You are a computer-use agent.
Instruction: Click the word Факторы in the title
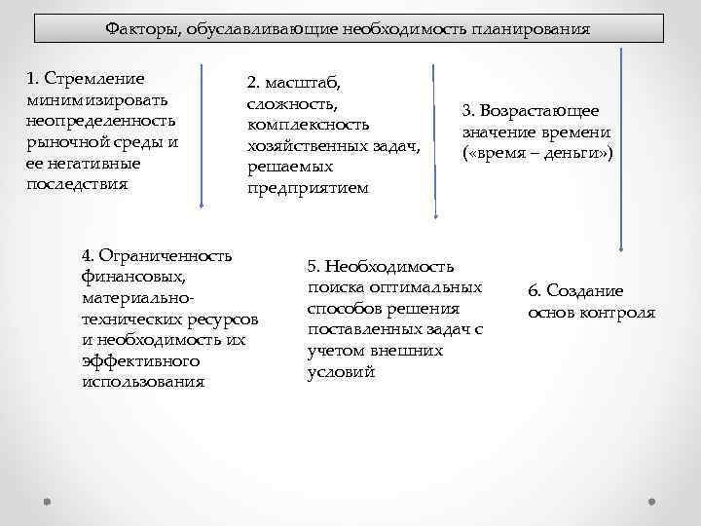pyautogui.click(x=136, y=27)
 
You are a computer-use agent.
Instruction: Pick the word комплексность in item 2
pyautogui.click(x=309, y=126)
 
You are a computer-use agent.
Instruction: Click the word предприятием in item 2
pyautogui.click(x=308, y=187)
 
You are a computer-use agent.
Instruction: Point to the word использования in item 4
pyautogui.click(x=144, y=381)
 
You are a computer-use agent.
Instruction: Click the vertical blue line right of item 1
pyautogui.click(x=201, y=136)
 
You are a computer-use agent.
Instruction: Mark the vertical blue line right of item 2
pyautogui.click(x=435, y=136)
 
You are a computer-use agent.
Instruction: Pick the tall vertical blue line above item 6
pyautogui.click(x=619, y=146)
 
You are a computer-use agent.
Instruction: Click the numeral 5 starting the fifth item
pyautogui.click(x=312, y=266)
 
